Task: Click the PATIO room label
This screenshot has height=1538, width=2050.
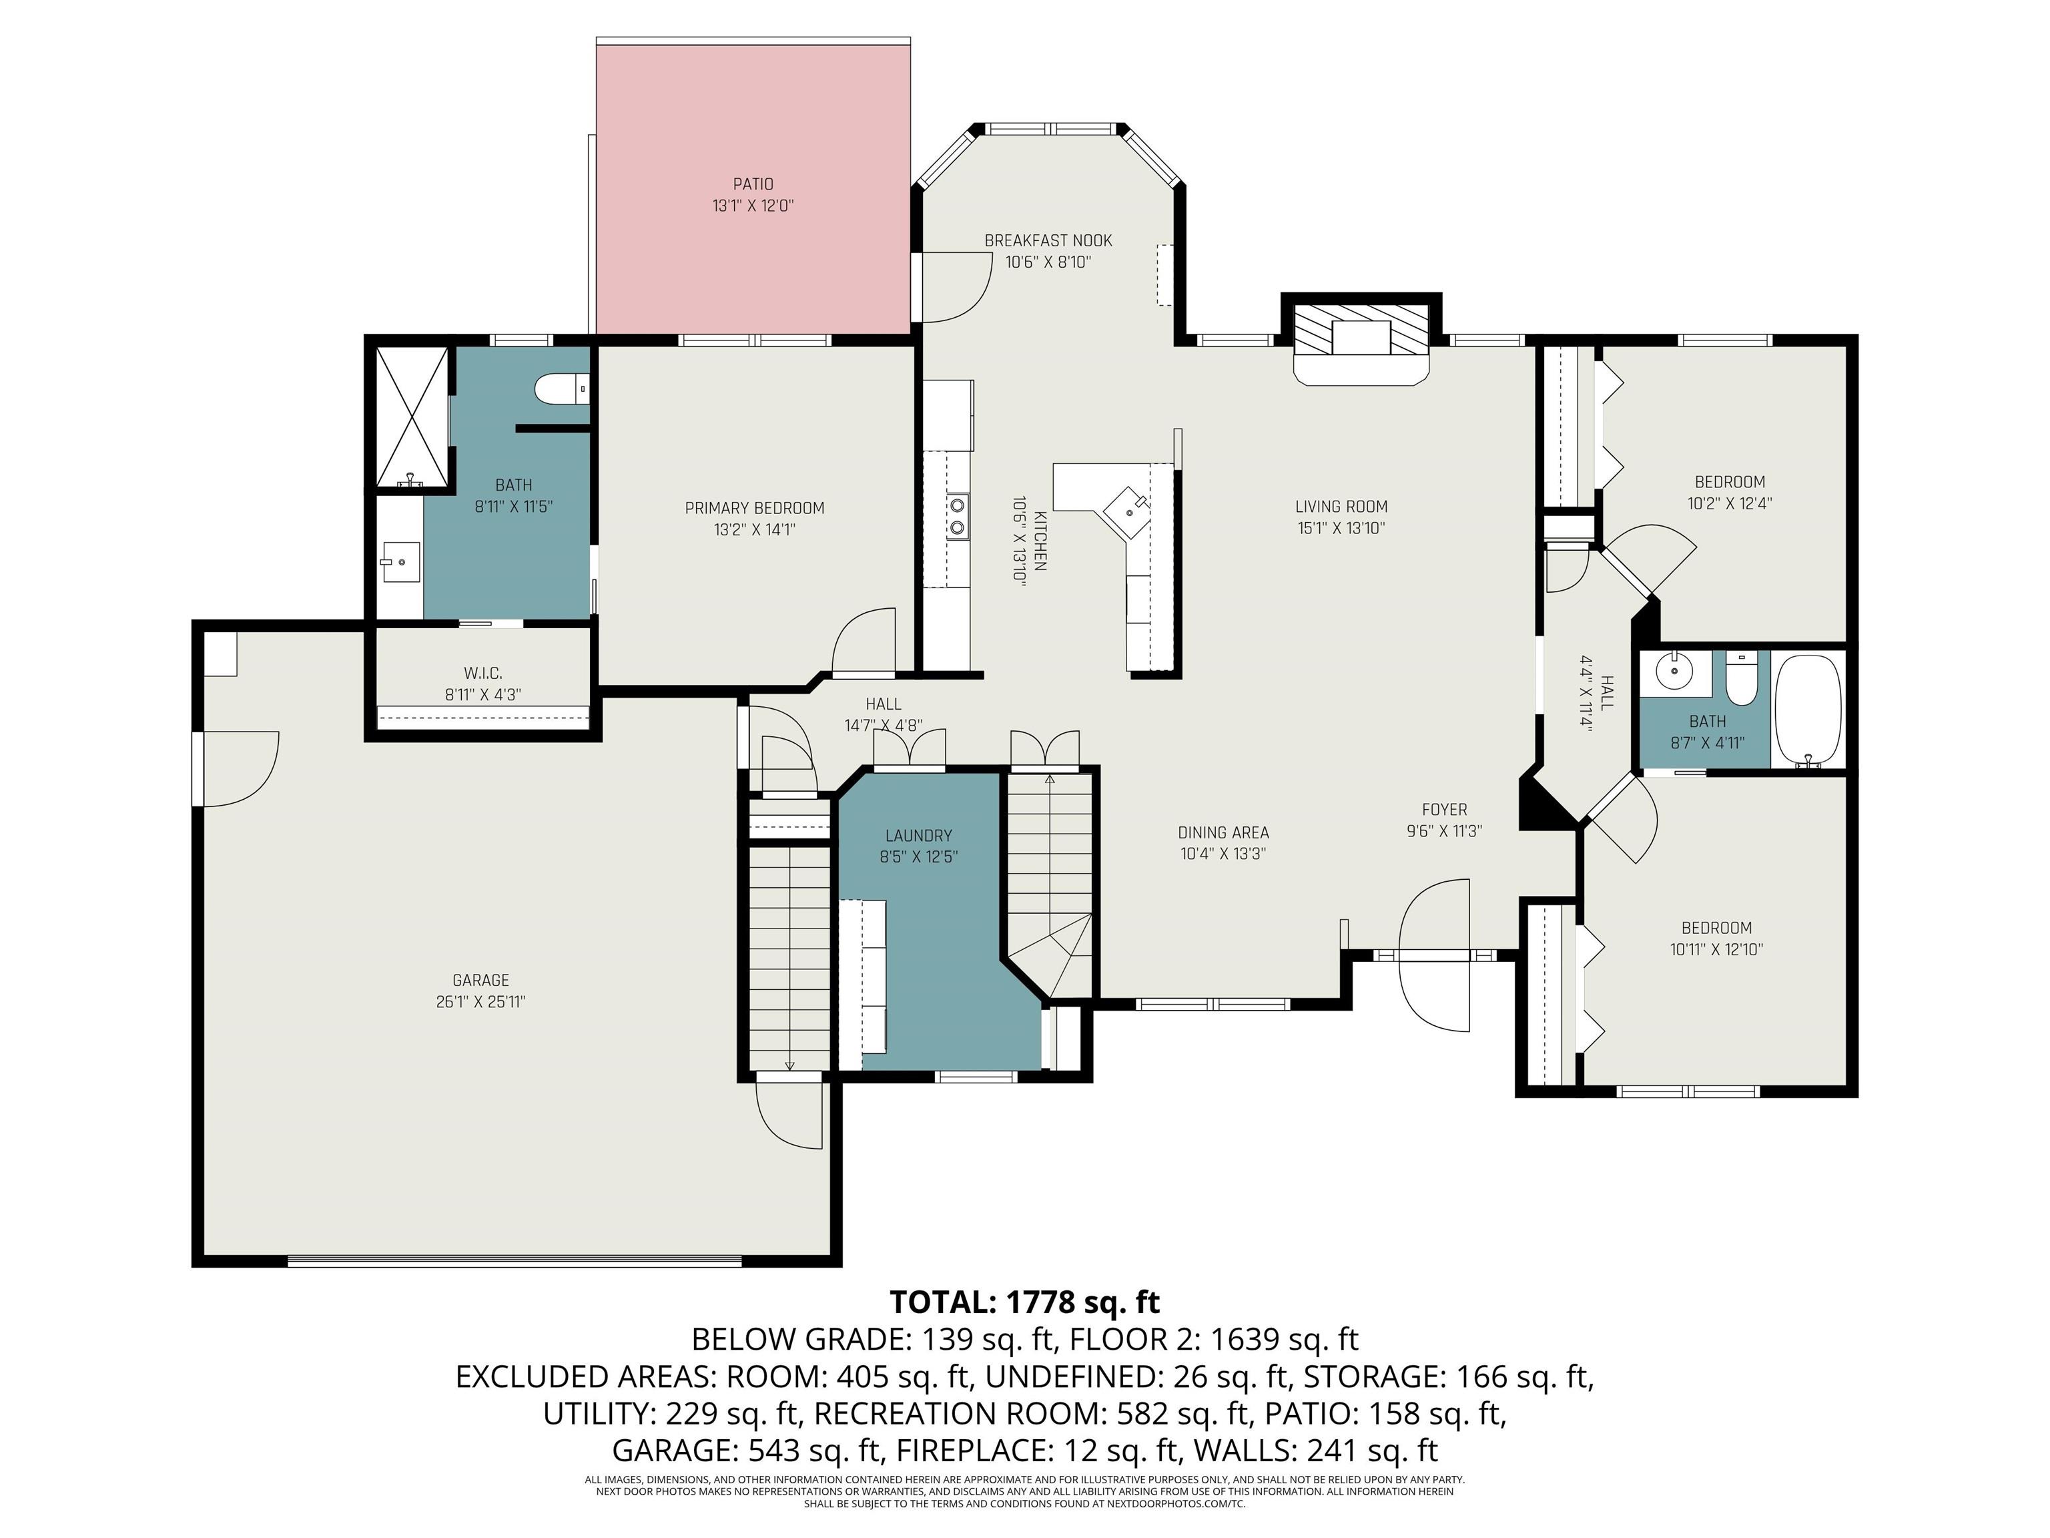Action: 753,184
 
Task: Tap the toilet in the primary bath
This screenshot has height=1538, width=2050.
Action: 563,389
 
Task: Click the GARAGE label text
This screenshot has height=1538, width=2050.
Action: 481,980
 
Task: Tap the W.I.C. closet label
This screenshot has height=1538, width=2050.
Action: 483,673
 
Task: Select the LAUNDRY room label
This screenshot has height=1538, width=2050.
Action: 918,835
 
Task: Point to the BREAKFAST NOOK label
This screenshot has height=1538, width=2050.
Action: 1048,241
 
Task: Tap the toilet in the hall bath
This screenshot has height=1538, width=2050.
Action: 1742,674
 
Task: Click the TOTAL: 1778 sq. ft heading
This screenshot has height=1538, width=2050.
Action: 1025,1302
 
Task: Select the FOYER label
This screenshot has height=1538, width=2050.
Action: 1445,809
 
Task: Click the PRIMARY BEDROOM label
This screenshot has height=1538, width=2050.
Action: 754,508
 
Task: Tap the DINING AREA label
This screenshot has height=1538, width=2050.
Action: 1223,832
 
